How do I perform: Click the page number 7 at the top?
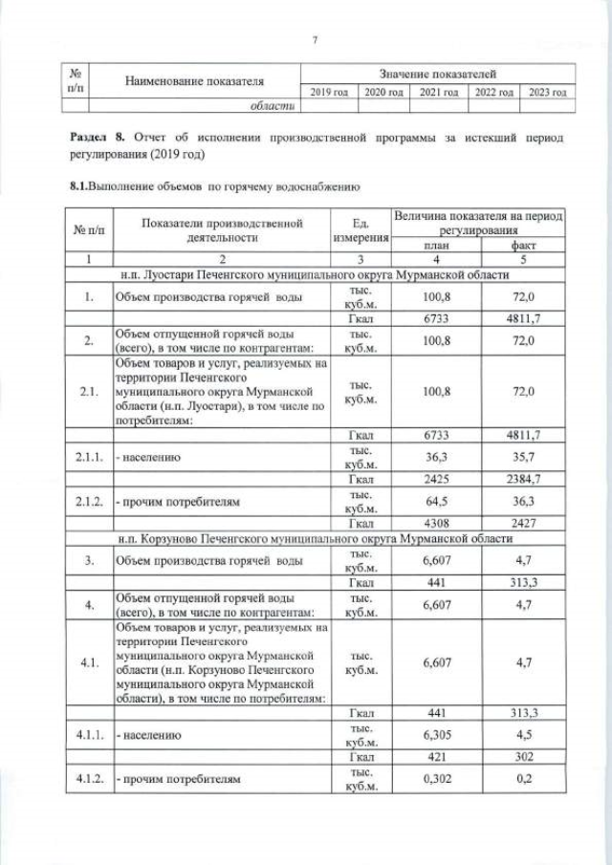pos(315,38)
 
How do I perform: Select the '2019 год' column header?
pos(328,92)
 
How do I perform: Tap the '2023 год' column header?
pos(548,92)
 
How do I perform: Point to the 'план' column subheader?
pos(435,246)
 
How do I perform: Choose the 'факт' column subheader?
pos(524,246)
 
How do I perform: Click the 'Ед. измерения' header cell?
pos(361,229)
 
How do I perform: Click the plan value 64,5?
pos(435,499)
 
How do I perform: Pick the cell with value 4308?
pos(435,523)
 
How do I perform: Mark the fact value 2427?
pos(524,523)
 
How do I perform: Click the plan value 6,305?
pos(435,735)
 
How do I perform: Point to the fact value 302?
pos(524,758)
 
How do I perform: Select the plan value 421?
pos(435,758)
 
